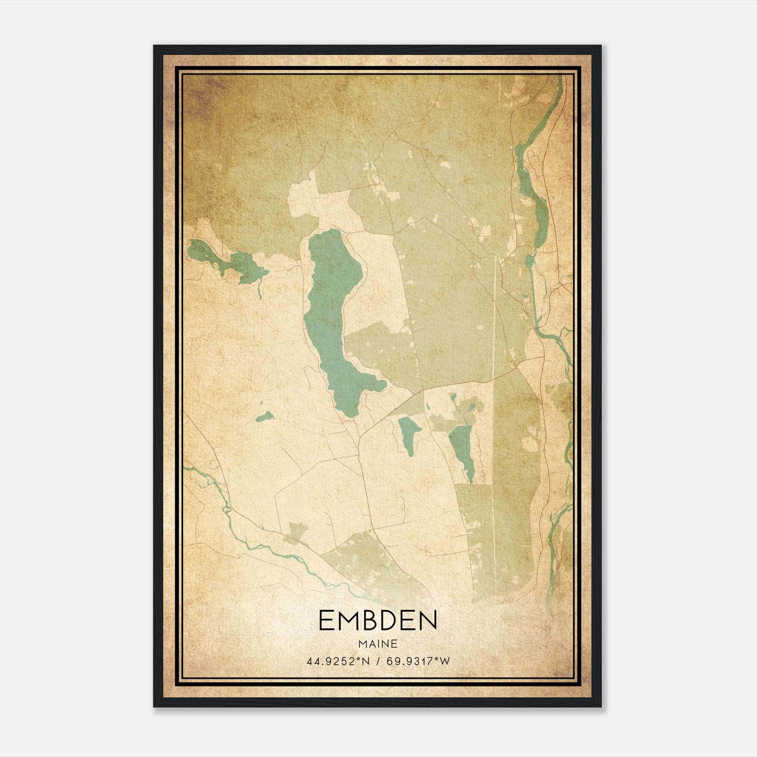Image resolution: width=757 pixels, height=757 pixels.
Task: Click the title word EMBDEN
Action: pyautogui.click(x=378, y=620)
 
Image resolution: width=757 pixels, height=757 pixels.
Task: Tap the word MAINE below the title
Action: pyautogui.click(x=378, y=643)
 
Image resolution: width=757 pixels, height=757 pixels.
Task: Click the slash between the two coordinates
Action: pyautogui.click(x=378, y=661)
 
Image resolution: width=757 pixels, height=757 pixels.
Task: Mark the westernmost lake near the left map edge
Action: pyautogui.click(x=227, y=260)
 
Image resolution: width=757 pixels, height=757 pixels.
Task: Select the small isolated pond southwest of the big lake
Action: pyautogui.click(x=264, y=416)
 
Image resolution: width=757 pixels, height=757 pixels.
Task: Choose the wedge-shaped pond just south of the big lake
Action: pyautogui.click(x=408, y=431)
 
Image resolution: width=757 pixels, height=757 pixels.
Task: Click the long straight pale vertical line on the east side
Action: pyautogui.click(x=494, y=378)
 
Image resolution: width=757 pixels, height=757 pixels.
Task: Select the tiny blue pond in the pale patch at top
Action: pyautogui.click(x=310, y=178)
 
